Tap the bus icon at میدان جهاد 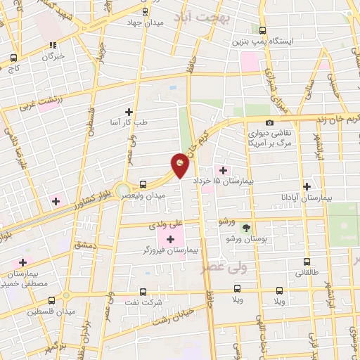coord(145,12)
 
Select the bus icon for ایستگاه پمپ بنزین coord(263,30)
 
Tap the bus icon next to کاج coord(13,58)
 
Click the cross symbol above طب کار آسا coord(129,112)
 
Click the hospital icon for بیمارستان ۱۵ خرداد coord(224,170)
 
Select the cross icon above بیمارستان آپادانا coord(307,186)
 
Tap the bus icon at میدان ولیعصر coord(143,184)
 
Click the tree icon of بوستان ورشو coord(246,227)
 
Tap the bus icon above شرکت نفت coord(143,290)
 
